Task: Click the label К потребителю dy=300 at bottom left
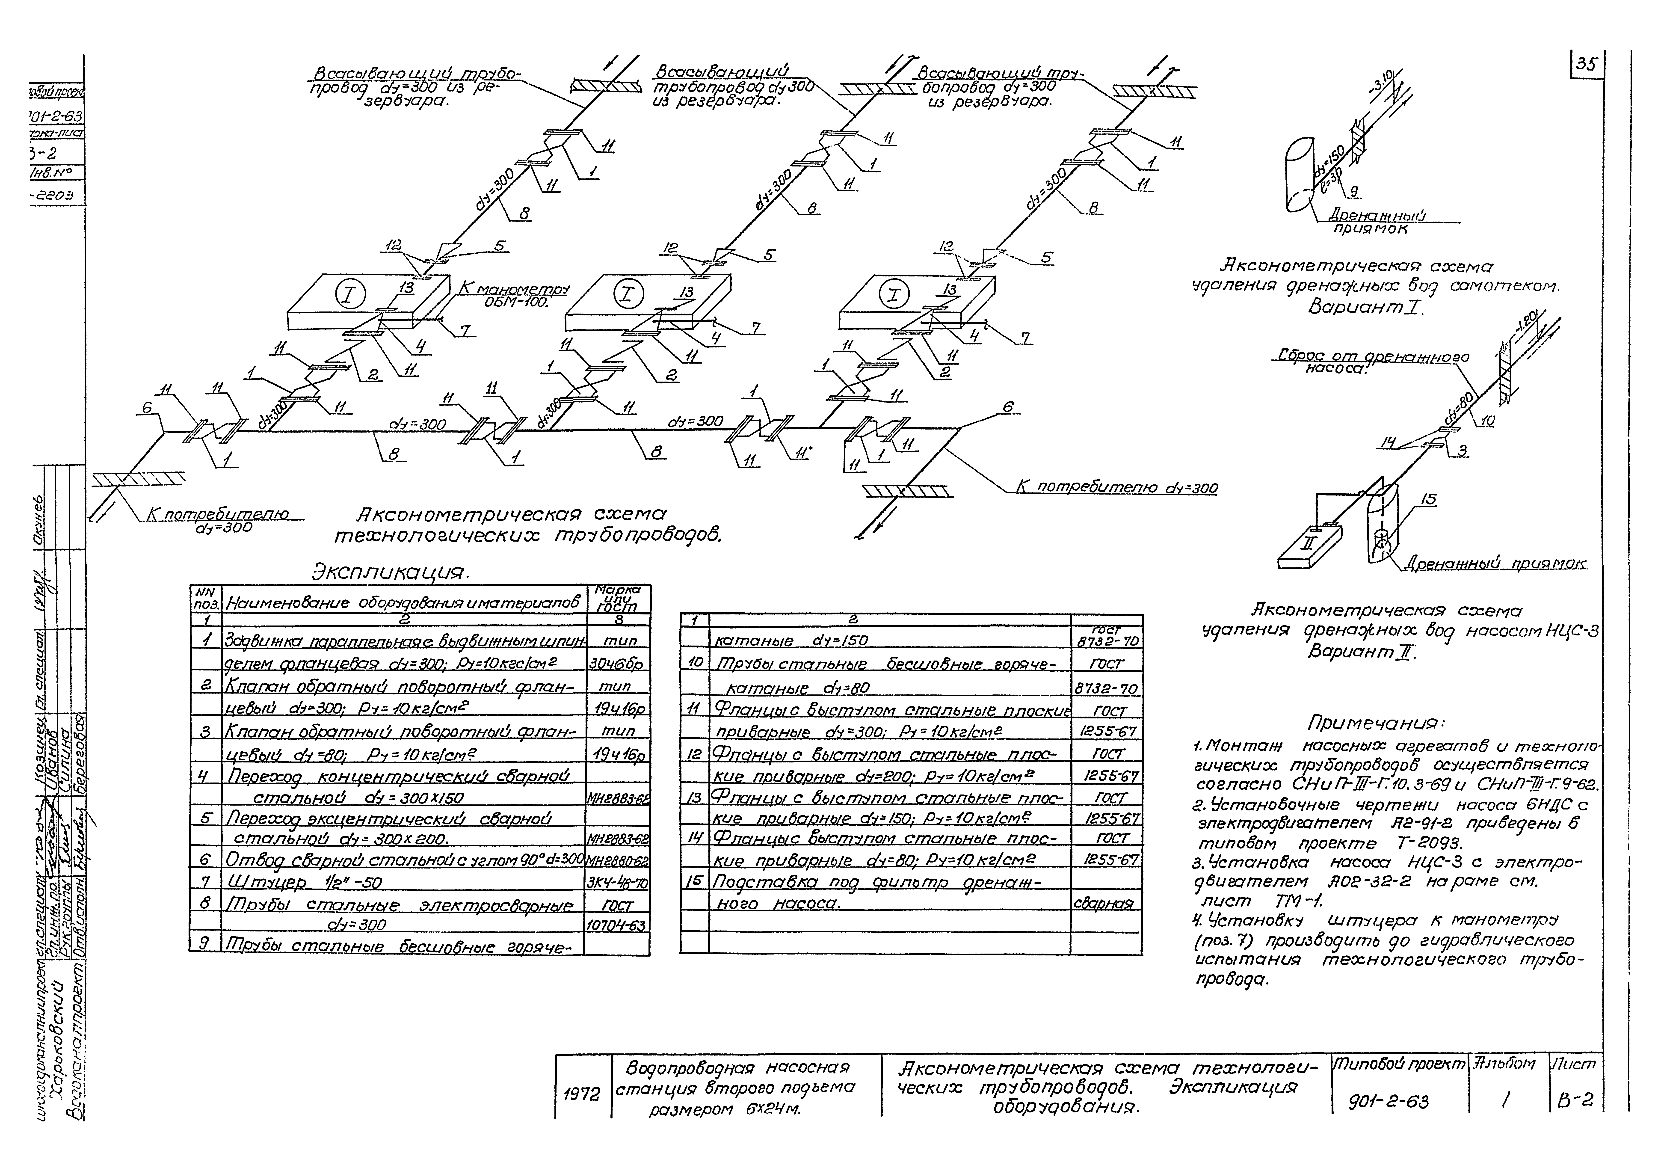point(217,520)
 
